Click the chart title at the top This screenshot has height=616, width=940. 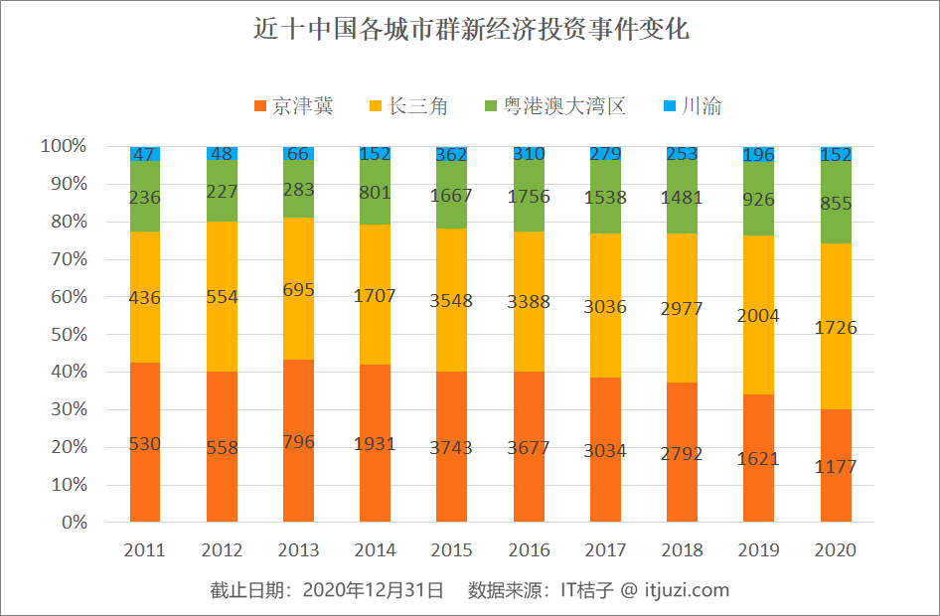(x=470, y=30)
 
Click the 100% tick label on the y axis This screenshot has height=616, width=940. (x=63, y=147)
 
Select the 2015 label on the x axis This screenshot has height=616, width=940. (x=452, y=550)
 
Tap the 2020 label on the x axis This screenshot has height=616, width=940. (x=835, y=550)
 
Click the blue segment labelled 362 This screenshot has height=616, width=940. (x=452, y=153)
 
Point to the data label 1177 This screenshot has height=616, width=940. (x=835, y=467)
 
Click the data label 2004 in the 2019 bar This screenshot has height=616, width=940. (x=758, y=316)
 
